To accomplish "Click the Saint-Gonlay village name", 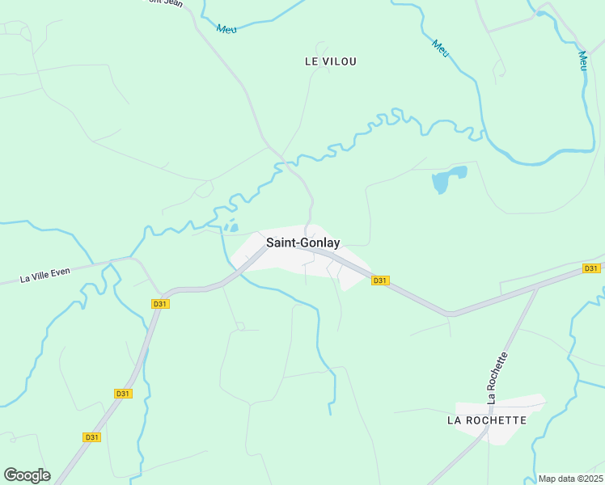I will [x=303, y=242].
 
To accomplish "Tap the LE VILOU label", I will [x=331, y=61].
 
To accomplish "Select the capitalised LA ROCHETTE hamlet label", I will [x=487, y=420].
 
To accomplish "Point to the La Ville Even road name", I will [x=45, y=275].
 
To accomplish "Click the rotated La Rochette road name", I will [x=497, y=377].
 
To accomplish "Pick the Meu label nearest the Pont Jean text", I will [x=227, y=28].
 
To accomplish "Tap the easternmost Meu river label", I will [x=583, y=61].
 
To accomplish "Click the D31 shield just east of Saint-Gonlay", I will [x=380, y=280].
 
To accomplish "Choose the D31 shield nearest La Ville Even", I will [x=159, y=304].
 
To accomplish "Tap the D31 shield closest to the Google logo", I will [x=91, y=437].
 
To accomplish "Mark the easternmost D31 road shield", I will [x=591, y=268].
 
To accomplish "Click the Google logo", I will [x=27, y=475].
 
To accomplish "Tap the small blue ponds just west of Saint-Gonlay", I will [x=231, y=226].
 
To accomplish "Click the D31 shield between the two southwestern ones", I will [x=122, y=394].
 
